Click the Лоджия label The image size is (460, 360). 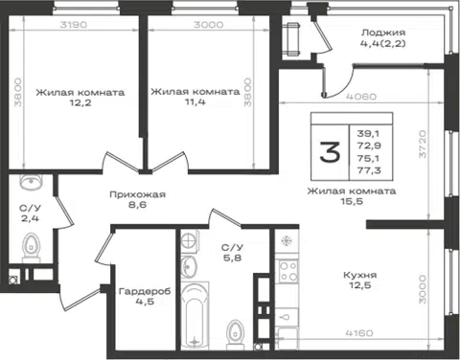pos(383,33)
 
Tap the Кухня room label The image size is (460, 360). pos(360,275)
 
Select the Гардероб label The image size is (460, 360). pos(145,291)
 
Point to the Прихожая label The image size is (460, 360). pos(137,194)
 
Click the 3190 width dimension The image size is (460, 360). pos(74,25)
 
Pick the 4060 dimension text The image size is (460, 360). pos(362,96)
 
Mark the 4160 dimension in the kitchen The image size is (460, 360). pos(359,333)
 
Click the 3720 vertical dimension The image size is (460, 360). pos(423,144)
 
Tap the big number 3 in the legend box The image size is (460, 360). pos(330,152)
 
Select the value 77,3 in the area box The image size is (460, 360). pos(369,170)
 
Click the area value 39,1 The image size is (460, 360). pos(369,133)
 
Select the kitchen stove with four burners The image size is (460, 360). pos(287,271)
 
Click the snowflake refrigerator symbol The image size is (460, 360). pos(286,241)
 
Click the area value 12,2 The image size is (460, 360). pos(80,102)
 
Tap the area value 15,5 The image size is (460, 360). pos(352,201)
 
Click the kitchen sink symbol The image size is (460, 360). pos(287,317)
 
